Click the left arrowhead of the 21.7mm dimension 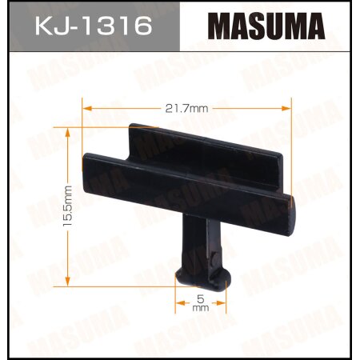point(86,107)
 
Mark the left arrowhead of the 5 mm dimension point(179,303)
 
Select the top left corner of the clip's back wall point(133,126)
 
